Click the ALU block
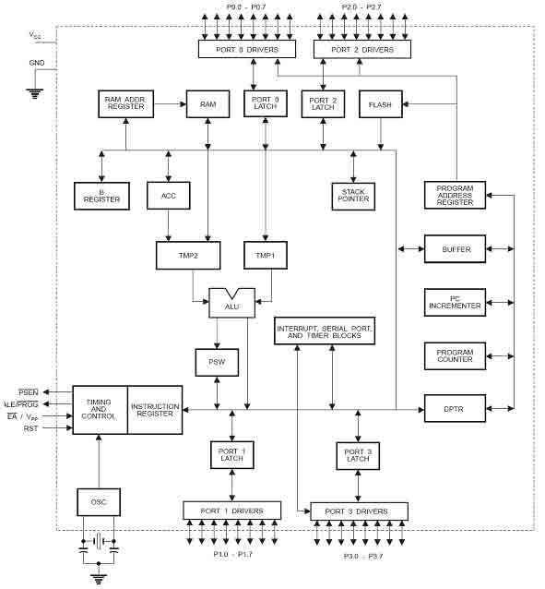(232, 303)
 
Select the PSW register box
(217, 363)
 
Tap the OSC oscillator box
(99, 502)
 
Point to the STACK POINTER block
(353, 196)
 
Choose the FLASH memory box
(381, 104)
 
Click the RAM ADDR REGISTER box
(125, 103)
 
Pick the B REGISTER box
(101, 196)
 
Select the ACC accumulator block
(169, 196)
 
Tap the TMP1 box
(266, 255)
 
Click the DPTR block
(455, 408)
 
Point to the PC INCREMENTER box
(455, 303)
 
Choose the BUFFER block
(455, 248)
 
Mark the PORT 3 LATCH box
(358, 456)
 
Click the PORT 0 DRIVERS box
(247, 49)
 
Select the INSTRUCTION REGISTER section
(155, 410)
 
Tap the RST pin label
(30, 428)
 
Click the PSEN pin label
(29, 392)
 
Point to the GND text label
(37, 63)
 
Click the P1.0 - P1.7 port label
(232, 554)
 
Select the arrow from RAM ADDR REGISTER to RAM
(170, 104)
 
